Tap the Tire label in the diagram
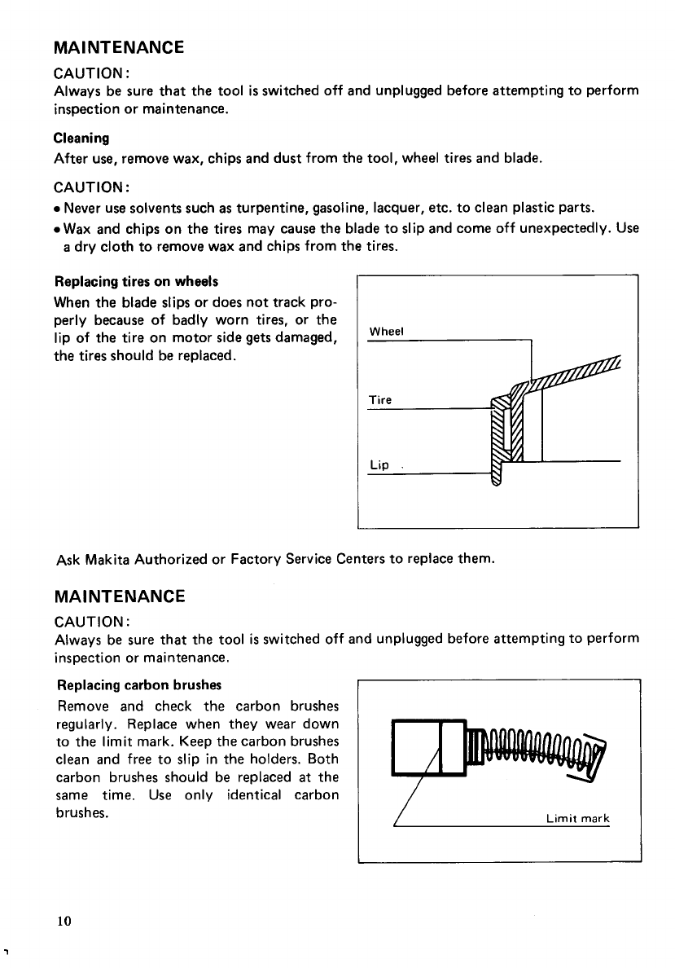click(379, 400)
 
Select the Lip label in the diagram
click(379, 465)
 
